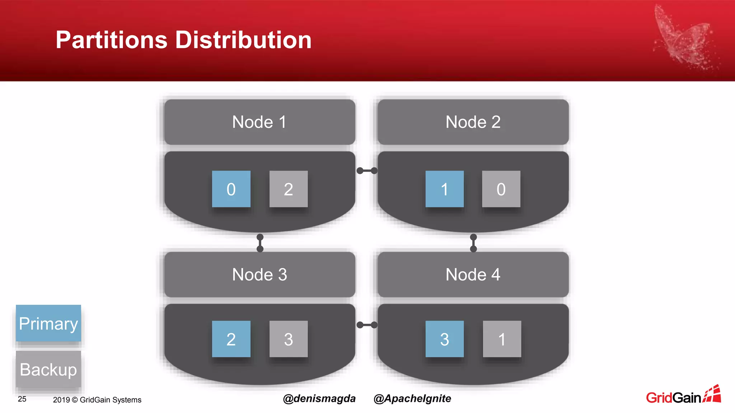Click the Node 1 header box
click(259, 122)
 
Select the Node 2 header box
click(473, 122)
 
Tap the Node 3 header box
click(259, 275)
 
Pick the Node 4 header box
click(473, 275)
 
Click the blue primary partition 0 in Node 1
click(231, 189)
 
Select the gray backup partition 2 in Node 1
click(289, 189)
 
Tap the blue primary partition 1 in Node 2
click(444, 189)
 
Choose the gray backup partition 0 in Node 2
click(501, 189)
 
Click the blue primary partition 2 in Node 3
click(231, 339)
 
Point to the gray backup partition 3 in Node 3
click(289, 339)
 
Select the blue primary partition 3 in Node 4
click(444, 339)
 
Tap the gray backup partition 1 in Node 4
click(502, 339)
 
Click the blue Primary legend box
click(48, 323)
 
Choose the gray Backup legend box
click(48, 369)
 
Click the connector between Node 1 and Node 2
click(367, 171)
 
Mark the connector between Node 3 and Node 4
click(367, 325)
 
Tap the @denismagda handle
click(319, 399)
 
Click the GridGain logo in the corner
click(683, 395)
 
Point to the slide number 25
click(22, 399)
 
